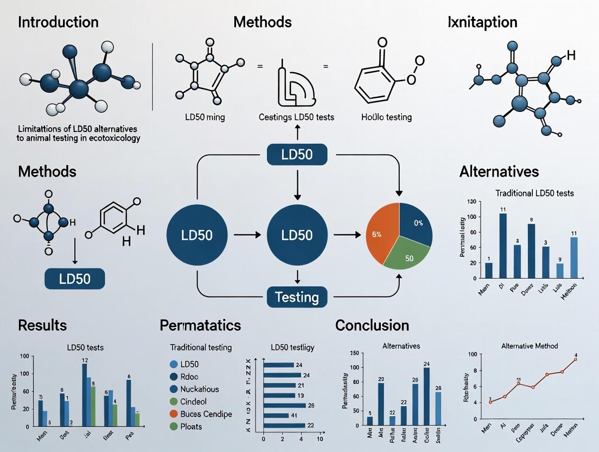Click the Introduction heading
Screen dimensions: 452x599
59,22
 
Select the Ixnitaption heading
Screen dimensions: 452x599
482,22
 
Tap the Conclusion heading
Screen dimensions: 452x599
372,325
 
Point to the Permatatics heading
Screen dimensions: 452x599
200,325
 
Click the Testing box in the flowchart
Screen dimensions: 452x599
297,297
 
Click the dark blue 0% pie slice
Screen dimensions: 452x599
415,223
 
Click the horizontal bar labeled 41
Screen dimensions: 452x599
276,416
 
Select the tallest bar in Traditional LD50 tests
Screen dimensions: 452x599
502,246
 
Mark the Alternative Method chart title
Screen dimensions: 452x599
529,346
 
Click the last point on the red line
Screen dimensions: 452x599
575,359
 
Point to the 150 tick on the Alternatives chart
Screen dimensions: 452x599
356,354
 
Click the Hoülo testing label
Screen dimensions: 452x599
387,117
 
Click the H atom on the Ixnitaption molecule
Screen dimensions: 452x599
570,55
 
